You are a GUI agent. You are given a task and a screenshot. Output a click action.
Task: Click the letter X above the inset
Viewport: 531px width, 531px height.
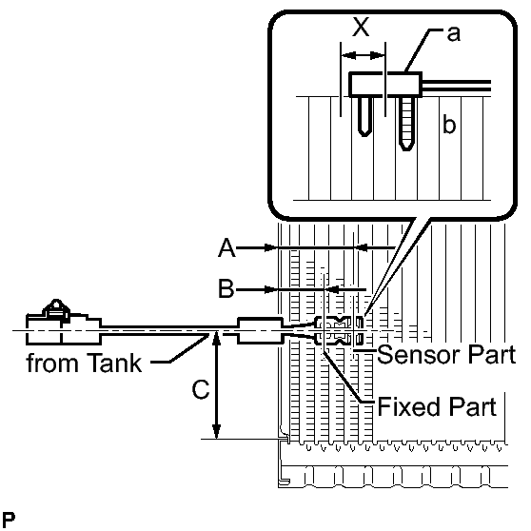point(361,27)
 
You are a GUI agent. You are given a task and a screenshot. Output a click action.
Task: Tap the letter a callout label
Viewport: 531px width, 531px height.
point(454,34)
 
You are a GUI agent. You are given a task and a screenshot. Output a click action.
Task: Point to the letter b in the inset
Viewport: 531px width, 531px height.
point(449,125)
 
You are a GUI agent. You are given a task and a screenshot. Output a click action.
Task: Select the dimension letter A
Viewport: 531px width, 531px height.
point(226,247)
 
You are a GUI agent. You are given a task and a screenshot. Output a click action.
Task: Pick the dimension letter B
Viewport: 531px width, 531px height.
point(226,289)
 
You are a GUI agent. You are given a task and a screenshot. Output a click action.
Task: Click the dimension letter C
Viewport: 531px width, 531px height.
point(201,389)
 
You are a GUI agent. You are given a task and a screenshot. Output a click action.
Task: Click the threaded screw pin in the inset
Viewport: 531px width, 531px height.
point(406,124)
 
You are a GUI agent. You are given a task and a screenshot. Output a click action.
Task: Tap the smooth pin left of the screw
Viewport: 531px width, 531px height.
point(365,116)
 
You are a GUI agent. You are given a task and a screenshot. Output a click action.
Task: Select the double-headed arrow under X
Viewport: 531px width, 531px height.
point(363,55)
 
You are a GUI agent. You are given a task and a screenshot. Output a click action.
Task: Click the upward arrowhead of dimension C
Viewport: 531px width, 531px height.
point(216,337)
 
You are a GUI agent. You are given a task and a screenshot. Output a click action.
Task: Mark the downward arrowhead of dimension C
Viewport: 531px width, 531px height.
point(216,432)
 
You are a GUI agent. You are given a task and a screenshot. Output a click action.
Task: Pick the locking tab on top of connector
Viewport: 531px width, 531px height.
point(56,309)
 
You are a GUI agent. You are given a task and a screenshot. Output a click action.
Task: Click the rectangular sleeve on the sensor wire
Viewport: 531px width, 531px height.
point(260,330)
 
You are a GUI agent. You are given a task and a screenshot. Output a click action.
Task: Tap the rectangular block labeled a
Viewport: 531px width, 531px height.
point(385,85)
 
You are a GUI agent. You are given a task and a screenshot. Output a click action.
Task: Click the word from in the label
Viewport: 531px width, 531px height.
point(49,363)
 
